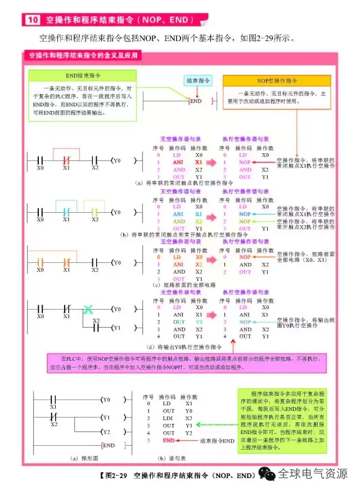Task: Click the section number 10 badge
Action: [x=31, y=20]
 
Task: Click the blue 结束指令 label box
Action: [x=198, y=80]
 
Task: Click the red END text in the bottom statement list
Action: [x=169, y=441]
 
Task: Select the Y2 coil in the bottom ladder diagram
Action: [x=107, y=432]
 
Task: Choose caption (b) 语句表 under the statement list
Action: [x=169, y=458]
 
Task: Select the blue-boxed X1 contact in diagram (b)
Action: [x=66, y=212]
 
